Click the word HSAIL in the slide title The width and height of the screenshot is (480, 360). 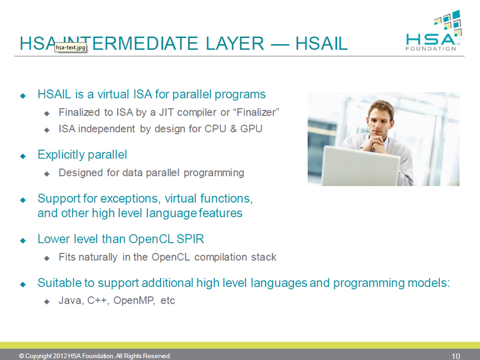[321, 44]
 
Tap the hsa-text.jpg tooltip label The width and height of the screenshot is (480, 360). [71, 48]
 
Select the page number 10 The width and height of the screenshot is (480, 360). [455, 356]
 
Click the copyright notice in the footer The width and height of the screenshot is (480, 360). [95, 356]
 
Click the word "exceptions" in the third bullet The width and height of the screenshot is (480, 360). [134, 198]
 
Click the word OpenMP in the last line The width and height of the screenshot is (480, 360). [135, 301]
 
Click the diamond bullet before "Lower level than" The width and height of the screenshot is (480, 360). [23, 240]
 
